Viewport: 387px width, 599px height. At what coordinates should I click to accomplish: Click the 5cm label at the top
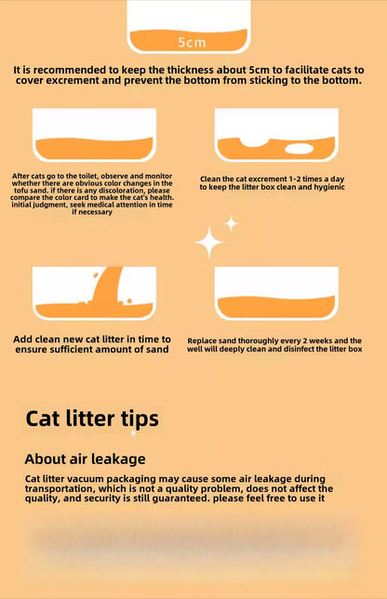tap(192, 43)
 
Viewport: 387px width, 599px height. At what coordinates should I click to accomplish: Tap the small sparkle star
tap(232, 223)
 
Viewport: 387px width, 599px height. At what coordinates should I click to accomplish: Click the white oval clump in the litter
tap(299, 149)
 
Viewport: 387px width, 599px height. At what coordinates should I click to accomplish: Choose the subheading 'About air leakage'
tap(85, 459)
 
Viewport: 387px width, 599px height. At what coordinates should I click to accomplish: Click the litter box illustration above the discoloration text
tap(94, 136)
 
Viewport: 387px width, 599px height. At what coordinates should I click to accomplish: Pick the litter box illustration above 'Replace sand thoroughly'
tap(276, 294)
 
